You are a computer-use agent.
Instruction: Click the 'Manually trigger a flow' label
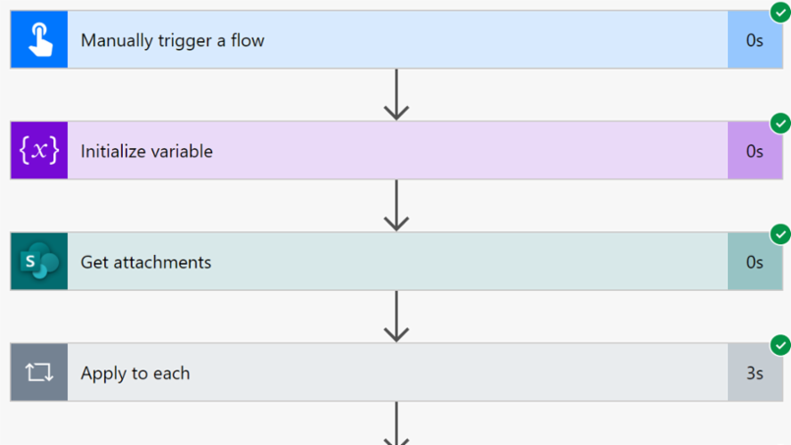172,40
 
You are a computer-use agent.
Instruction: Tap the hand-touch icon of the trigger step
39,40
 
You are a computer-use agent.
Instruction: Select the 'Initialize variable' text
146,151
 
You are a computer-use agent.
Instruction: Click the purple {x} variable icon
39,151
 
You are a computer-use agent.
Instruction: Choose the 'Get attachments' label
146,262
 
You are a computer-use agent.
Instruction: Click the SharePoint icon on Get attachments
39,262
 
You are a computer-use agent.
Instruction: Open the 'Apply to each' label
135,373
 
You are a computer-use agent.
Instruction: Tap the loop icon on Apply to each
39,373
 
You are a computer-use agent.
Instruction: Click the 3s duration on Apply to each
754,373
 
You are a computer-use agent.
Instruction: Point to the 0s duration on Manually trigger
754,40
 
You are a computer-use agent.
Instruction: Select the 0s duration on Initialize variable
754,151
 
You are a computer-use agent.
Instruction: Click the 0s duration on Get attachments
754,262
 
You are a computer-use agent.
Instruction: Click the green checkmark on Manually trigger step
780,12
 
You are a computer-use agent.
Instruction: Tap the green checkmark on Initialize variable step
780,123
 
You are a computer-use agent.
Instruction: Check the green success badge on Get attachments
780,235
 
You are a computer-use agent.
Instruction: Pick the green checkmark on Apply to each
780,345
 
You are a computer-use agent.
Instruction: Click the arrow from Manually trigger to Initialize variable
395,95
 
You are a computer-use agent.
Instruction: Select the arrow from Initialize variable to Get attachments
395,205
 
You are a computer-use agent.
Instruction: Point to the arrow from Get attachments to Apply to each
395,317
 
